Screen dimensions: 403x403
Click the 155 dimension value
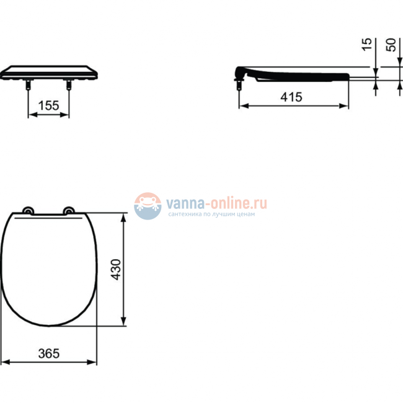(x=48, y=106)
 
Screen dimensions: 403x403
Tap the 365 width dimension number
(x=48, y=353)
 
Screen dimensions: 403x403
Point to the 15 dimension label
(x=367, y=45)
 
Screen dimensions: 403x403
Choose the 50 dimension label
(x=391, y=45)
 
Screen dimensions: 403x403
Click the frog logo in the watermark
(x=148, y=205)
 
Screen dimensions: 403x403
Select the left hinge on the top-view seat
(x=27, y=211)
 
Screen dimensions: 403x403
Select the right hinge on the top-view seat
(x=69, y=211)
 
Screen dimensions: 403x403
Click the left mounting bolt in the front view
(x=27, y=85)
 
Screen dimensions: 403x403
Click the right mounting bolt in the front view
(x=68, y=85)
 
